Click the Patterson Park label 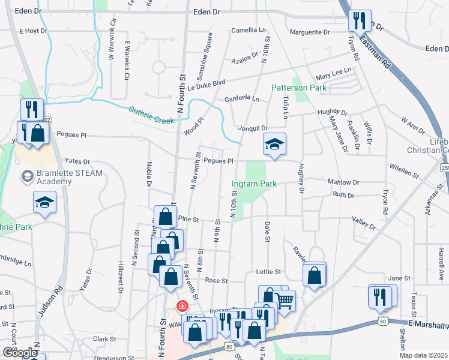pyautogui.click(x=298, y=88)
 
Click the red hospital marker pyautogui.click(x=180, y=306)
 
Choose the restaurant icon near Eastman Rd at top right pyautogui.click(x=360, y=21)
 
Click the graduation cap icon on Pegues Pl pyautogui.click(x=274, y=144)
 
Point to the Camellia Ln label pyautogui.click(x=249, y=29)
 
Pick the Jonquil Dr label pyautogui.click(x=253, y=128)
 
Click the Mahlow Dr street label pyautogui.click(x=343, y=182)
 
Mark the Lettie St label pyautogui.click(x=268, y=272)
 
